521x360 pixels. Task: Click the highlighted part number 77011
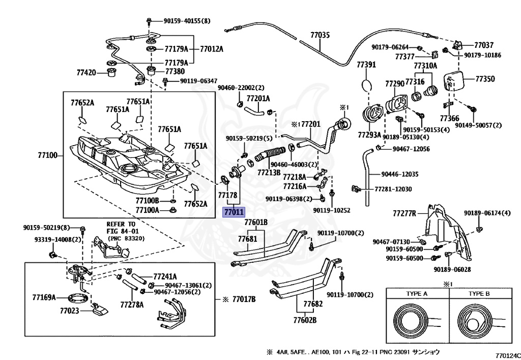[x=234, y=212]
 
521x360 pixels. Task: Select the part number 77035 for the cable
[x=320, y=35]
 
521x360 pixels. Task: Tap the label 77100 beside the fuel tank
[x=48, y=153]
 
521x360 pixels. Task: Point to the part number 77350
[x=485, y=79]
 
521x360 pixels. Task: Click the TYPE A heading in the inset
[x=417, y=294]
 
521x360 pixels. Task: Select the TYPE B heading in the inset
[x=479, y=294]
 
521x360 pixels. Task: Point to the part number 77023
[x=69, y=310]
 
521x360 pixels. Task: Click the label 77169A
[x=44, y=297]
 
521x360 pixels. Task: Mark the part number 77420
[x=86, y=73]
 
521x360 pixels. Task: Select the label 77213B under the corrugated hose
[x=269, y=173]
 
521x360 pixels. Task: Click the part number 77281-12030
[x=393, y=189]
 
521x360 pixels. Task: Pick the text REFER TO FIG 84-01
[x=121, y=227]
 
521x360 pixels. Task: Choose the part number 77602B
[x=305, y=320]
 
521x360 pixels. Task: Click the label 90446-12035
[x=400, y=174]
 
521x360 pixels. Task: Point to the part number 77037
[x=484, y=45]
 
